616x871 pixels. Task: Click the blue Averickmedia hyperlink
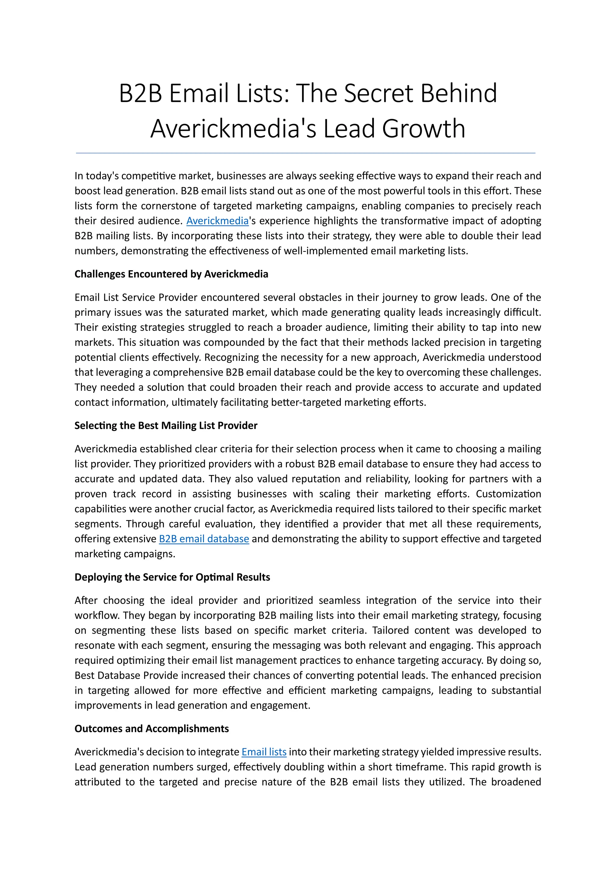[x=217, y=221]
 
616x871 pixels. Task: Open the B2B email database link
[x=204, y=539]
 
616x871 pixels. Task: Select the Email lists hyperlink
[x=264, y=752]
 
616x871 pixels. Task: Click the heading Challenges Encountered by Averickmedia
[x=171, y=274]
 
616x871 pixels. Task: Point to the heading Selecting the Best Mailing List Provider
[x=166, y=426]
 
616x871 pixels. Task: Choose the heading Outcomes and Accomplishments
[x=151, y=728]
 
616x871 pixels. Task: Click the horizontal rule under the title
[x=306, y=153]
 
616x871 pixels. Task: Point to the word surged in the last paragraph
[x=214, y=767]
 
